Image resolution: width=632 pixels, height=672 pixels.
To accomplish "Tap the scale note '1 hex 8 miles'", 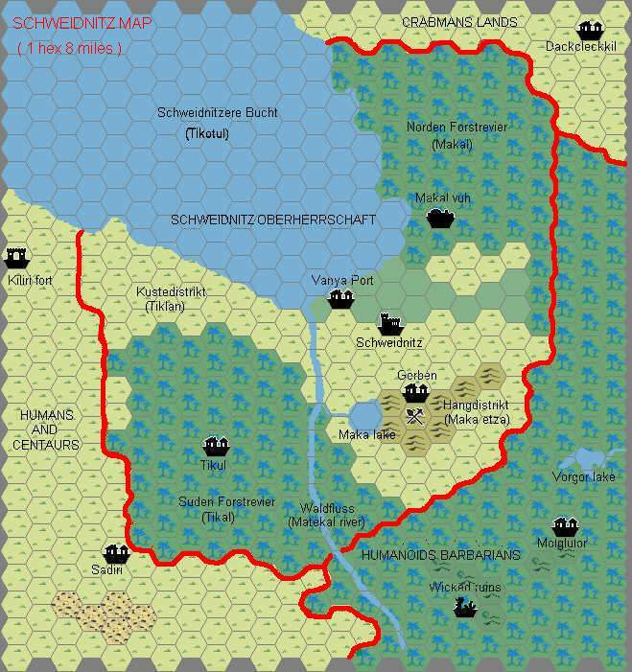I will (x=69, y=48).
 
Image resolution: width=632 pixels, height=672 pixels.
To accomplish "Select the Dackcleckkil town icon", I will (x=586, y=30).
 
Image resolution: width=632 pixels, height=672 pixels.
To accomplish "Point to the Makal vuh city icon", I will (x=440, y=218).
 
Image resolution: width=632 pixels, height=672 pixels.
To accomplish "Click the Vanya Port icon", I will (x=341, y=299).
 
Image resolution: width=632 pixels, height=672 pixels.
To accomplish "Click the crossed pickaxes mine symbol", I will (x=415, y=416).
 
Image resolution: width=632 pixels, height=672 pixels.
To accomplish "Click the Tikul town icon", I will (x=215, y=447).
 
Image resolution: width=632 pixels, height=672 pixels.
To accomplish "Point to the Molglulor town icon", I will (x=563, y=526).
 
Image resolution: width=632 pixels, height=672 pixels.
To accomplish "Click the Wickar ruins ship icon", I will (x=465, y=607).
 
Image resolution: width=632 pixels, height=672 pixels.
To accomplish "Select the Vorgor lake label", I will (x=583, y=476).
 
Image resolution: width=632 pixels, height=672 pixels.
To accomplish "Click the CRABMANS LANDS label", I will (x=459, y=21).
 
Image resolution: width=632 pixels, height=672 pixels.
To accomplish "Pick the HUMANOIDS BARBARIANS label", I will (x=440, y=555).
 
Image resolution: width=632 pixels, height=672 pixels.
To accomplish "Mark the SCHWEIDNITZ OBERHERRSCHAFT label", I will (x=273, y=220).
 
